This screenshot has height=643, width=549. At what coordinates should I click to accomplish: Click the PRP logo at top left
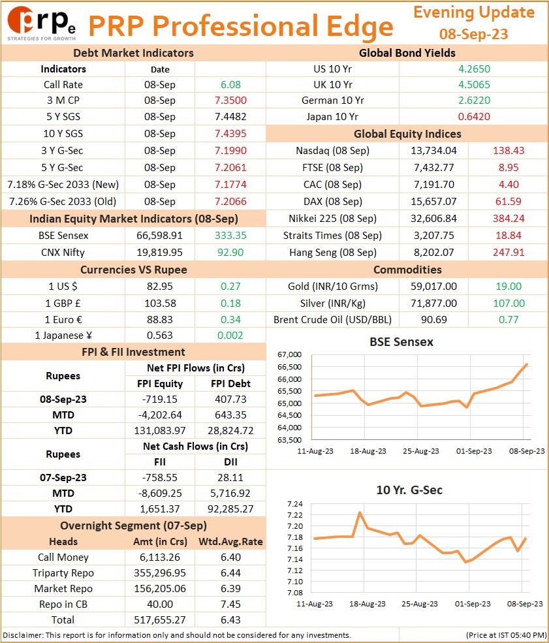[x=41, y=24]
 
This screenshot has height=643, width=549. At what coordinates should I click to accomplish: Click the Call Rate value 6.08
[x=230, y=85]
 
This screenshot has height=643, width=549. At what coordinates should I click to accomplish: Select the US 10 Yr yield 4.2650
[x=474, y=69]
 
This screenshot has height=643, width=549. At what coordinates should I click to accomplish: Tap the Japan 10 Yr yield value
[x=474, y=117]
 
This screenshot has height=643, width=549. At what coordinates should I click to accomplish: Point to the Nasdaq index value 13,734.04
[x=434, y=151]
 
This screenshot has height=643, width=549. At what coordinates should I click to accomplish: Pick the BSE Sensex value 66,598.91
[x=159, y=236]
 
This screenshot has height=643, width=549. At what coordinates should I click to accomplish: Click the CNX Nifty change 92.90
[x=230, y=253]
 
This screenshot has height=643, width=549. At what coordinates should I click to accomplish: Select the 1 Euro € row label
[x=63, y=320]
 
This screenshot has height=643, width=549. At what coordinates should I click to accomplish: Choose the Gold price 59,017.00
[x=434, y=287]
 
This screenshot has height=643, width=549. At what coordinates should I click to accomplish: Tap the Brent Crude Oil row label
[x=332, y=320]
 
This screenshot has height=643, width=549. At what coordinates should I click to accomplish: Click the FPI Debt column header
[x=230, y=384]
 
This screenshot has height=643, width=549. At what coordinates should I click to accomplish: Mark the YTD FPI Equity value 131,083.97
[x=159, y=431]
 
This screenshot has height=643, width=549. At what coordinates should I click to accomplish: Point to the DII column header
[x=230, y=462]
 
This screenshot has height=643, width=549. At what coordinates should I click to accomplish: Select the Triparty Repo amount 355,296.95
[x=159, y=573]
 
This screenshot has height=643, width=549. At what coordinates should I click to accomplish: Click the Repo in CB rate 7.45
[x=230, y=604]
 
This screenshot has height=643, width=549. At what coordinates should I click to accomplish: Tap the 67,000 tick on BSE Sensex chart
[x=289, y=354]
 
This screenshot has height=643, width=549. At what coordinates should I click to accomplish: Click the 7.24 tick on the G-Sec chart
[x=295, y=504]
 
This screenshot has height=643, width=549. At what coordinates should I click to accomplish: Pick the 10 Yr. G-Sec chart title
[x=409, y=490]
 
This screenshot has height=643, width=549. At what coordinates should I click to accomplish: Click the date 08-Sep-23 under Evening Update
[x=473, y=34]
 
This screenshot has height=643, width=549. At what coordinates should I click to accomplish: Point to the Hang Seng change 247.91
[x=509, y=253]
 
